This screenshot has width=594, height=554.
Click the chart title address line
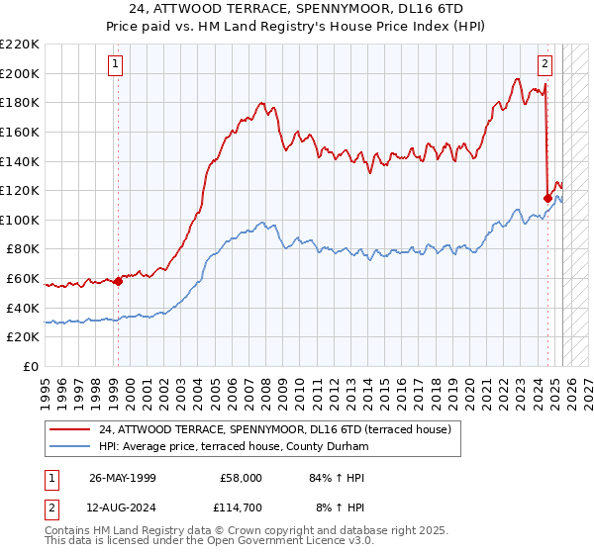tap(297, 9)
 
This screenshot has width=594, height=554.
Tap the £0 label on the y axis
tap(31, 367)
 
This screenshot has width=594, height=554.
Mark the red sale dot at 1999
tap(118, 281)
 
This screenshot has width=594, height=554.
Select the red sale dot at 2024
tap(547, 198)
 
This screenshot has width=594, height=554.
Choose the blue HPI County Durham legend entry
tap(233, 447)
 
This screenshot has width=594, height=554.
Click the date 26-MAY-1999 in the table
tap(123, 478)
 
